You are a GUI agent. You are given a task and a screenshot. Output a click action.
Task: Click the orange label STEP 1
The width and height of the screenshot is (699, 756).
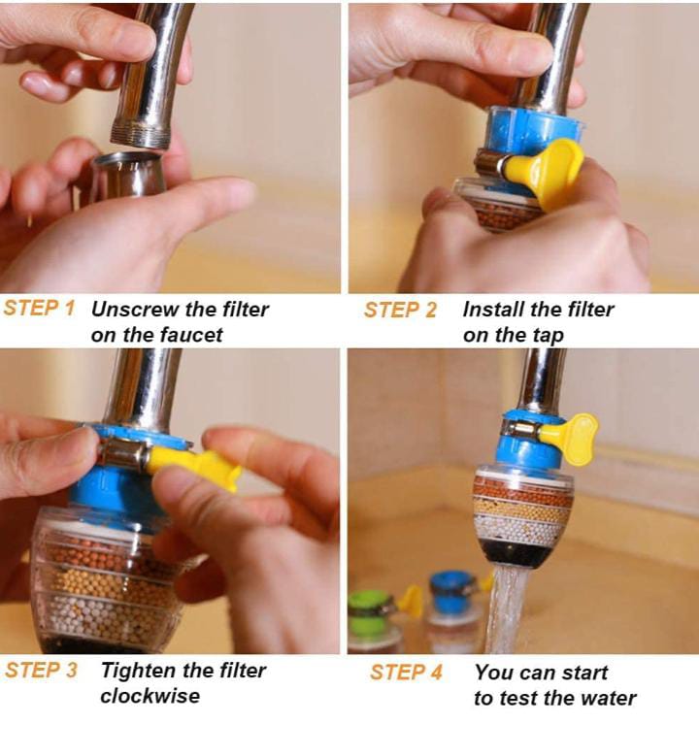[x=39, y=308]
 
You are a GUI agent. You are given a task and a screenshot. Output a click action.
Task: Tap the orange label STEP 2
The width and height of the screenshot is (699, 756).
[x=400, y=310]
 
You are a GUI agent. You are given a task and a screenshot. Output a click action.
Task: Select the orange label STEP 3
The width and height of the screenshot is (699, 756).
[x=41, y=671]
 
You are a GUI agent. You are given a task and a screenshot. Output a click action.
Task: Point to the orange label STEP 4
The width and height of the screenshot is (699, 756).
[x=406, y=673]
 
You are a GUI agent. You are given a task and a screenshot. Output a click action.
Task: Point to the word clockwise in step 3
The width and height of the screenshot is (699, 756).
[x=150, y=696]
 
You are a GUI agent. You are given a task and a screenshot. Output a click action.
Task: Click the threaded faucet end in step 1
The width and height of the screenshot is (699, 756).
[x=141, y=135]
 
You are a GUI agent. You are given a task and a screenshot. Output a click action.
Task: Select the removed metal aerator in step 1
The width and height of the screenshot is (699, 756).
[x=128, y=175]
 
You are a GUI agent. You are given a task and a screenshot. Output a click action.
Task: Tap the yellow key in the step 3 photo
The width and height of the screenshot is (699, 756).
[x=194, y=466]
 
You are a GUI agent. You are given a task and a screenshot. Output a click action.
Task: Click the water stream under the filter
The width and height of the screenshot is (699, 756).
[x=507, y=609]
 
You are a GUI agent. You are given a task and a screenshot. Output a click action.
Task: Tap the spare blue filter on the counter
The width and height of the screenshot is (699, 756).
[x=453, y=611]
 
